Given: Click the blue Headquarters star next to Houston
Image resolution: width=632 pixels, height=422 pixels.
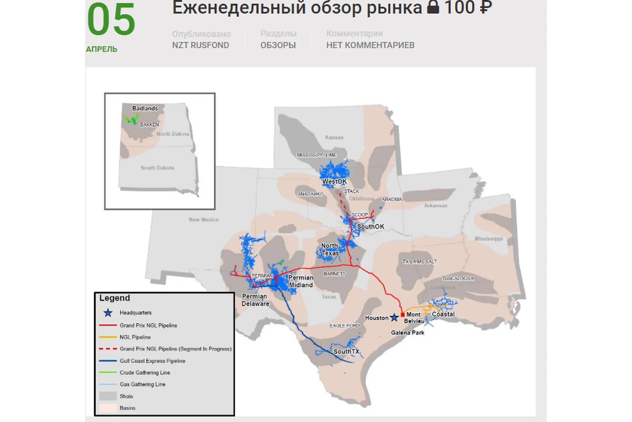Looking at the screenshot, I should (x=394, y=317).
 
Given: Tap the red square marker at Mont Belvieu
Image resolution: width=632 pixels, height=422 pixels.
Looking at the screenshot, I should (x=402, y=315).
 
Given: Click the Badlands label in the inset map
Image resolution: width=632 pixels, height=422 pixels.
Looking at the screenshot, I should (x=145, y=108).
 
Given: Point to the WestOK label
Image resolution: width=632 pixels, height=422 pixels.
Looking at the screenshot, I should (x=334, y=181).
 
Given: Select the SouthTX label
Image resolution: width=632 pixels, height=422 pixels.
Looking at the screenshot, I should (x=346, y=351).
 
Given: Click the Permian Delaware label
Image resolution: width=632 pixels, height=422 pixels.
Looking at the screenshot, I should (x=255, y=300).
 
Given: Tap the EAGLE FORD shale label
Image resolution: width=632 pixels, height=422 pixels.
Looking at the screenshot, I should (x=345, y=326).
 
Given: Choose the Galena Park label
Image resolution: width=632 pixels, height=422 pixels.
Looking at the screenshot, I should (x=408, y=333).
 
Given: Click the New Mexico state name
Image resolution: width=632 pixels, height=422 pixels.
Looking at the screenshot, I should (x=204, y=220).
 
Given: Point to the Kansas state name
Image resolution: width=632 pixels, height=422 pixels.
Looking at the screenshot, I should (x=334, y=137).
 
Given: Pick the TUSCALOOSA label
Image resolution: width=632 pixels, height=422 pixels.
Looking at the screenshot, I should (x=458, y=278).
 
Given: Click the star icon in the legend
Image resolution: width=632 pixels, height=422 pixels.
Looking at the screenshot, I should (x=108, y=313).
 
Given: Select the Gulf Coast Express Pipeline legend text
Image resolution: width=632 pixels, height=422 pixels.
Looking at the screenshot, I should (x=152, y=361).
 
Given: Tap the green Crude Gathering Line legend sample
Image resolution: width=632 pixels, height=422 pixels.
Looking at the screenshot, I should (x=108, y=373).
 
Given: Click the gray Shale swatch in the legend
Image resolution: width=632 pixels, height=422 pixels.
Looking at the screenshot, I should (x=108, y=396).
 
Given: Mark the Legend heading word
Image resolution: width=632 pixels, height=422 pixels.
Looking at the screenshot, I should (x=115, y=298).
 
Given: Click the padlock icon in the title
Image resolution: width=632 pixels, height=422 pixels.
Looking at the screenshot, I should (x=433, y=7).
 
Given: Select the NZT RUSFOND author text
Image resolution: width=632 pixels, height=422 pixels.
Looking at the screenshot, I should (x=200, y=45).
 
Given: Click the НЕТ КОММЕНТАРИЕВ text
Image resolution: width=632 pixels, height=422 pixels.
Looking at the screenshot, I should (x=370, y=45).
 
